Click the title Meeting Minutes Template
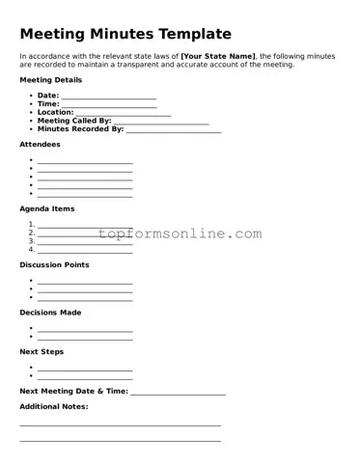pyautogui.click(x=125, y=34)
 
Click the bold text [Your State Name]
pyautogui.click(x=218, y=56)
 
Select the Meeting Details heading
pyautogui.click(x=51, y=80)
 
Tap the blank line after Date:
pyautogui.click(x=108, y=97)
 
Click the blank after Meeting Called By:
pyautogui.click(x=161, y=122)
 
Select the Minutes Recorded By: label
pyautogui.click(x=80, y=128)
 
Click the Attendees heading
pyautogui.click(x=40, y=145)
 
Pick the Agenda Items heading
pyautogui.click(x=46, y=209)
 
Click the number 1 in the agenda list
pyautogui.click(x=32, y=225)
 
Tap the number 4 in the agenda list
pyautogui.click(x=32, y=249)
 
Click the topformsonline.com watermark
pyautogui.click(x=180, y=233)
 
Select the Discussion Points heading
pyautogui.click(x=54, y=264)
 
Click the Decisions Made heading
pyautogui.click(x=50, y=313)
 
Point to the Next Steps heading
pyautogui.click(x=42, y=352)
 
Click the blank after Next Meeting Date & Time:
pyautogui.click(x=178, y=393)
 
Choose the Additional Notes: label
pyautogui.click(x=53, y=407)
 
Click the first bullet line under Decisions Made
pyautogui.click(x=85, y=330)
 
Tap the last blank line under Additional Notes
pyautogui.click(x=120, y=441)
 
